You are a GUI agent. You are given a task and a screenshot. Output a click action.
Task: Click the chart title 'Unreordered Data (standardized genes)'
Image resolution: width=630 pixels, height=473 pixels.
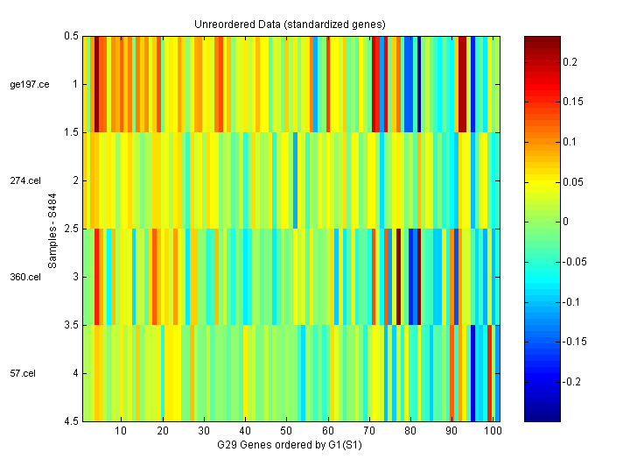click(x=290, y=24)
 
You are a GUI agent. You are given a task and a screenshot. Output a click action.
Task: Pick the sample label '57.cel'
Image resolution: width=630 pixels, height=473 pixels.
click(x=24, y=373)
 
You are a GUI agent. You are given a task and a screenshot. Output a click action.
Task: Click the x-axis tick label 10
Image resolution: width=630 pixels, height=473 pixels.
click(x=121, y=431)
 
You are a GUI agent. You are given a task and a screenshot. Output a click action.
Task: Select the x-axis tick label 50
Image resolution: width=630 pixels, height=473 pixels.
click(x=286, y=431)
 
